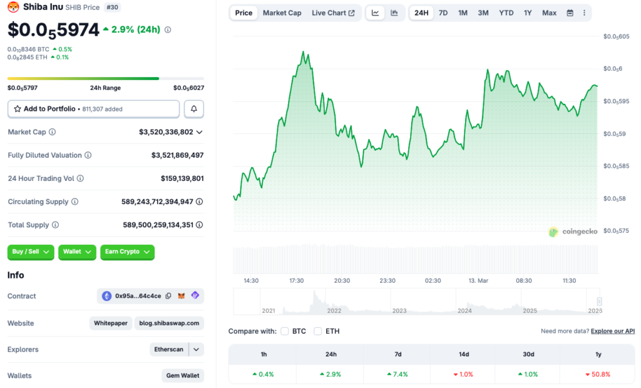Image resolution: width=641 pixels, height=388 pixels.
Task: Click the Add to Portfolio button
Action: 93,109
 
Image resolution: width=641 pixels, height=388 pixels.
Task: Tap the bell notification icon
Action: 193,109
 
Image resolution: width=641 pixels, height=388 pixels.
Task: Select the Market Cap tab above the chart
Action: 282,13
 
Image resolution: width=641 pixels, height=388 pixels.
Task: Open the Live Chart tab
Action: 333,13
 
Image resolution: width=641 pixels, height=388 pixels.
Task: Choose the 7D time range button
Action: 443,13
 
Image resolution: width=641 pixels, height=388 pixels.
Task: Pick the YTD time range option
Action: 506,13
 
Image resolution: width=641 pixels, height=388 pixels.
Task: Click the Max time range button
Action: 549,13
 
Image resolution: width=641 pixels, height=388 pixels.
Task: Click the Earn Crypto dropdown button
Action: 127,252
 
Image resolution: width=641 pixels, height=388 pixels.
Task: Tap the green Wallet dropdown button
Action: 77,252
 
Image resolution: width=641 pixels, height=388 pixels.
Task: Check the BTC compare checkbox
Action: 285,331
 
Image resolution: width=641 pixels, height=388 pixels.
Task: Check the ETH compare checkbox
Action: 318,331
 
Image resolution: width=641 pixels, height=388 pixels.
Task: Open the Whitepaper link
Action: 110,324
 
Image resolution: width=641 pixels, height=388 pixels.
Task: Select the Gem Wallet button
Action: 182,375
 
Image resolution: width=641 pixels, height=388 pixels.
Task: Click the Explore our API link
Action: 612,331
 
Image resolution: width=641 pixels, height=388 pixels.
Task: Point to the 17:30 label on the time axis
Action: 296,281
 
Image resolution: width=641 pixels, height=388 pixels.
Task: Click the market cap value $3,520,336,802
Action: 166,132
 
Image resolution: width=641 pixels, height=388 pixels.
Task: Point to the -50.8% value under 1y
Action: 598,374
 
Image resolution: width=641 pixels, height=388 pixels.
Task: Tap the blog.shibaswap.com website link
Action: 169,324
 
